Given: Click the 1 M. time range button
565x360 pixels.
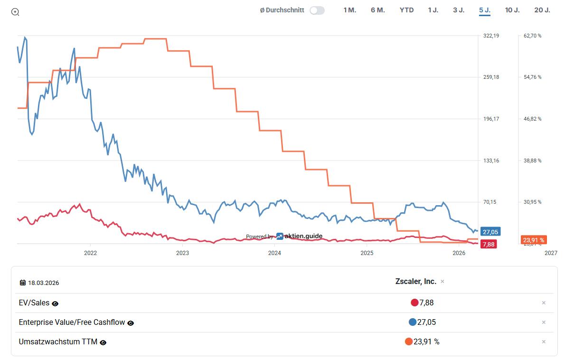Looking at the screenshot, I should pos(349,10).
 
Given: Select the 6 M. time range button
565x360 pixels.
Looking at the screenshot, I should pos(377,10).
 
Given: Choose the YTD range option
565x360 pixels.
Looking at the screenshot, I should pos(406,10).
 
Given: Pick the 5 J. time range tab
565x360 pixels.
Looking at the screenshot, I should pos(485,10).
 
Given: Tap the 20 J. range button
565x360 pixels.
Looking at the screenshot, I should pos(542,10).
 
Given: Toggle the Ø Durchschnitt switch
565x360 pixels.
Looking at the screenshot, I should pos(317,10).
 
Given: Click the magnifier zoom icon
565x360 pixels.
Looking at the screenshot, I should pos(15,12).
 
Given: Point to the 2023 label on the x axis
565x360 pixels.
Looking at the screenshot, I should pos(182,253).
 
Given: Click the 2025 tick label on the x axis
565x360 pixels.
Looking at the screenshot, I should pos(367,253).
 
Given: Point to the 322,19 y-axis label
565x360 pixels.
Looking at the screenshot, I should pos(491,36).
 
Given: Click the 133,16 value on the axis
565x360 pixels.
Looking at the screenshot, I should pos(491,161).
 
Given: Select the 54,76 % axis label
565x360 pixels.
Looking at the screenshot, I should pos(532,77).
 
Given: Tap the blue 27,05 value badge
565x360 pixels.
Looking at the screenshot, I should pos(490,232).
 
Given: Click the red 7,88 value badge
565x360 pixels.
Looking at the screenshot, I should pos(488,244).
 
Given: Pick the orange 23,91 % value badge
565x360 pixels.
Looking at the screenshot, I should pos(533,240).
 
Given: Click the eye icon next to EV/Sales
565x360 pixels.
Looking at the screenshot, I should pos(55,303).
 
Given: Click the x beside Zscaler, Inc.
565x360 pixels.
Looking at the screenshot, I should pos(443,282).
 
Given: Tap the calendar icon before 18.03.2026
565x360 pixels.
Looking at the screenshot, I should pos(22,283).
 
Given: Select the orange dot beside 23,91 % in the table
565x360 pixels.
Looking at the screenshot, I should pos(408,341).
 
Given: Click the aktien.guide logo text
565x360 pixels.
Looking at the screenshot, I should pos(302,236).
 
